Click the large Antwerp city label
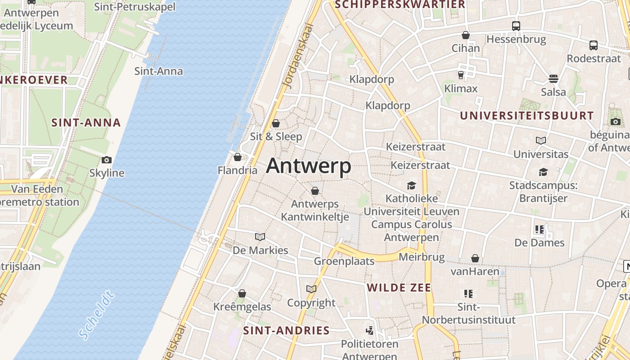click(309, 166)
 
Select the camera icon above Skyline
click(107, 160)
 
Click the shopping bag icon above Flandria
click(238, 157)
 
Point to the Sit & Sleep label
click(276, 137)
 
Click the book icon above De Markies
click(260, 237)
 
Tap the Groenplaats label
click(344, 261)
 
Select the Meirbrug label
click(422, 257)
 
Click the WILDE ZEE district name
click(399, 288)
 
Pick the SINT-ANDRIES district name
click(286, 330)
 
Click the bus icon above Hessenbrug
click(516, 26)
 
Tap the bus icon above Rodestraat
click(594, 45)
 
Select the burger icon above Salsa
click(553, 79)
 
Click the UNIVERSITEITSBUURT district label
click(526, 116)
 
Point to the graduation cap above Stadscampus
click(543, 172)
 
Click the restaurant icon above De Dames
click(540, 229)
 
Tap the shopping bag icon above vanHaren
click(475, 258)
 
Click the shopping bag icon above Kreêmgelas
click(242, 293)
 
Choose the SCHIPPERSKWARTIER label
click(400, 5)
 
